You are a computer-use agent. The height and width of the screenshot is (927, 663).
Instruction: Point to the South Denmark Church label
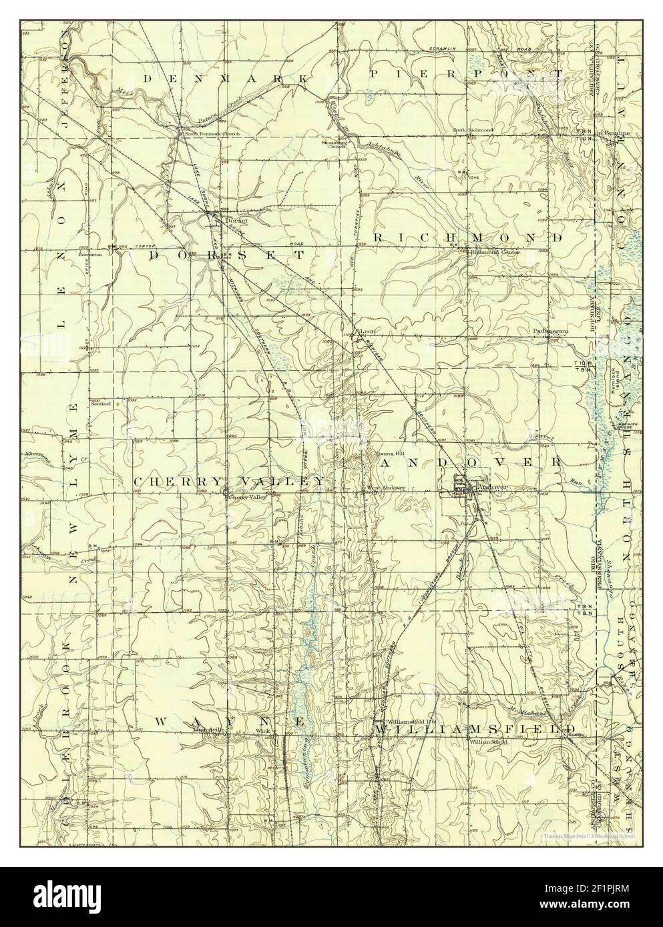(208, 133)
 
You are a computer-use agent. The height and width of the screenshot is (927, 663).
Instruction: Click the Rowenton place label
(89, 254)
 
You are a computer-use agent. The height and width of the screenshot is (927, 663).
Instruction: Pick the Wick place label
(262, 731)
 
